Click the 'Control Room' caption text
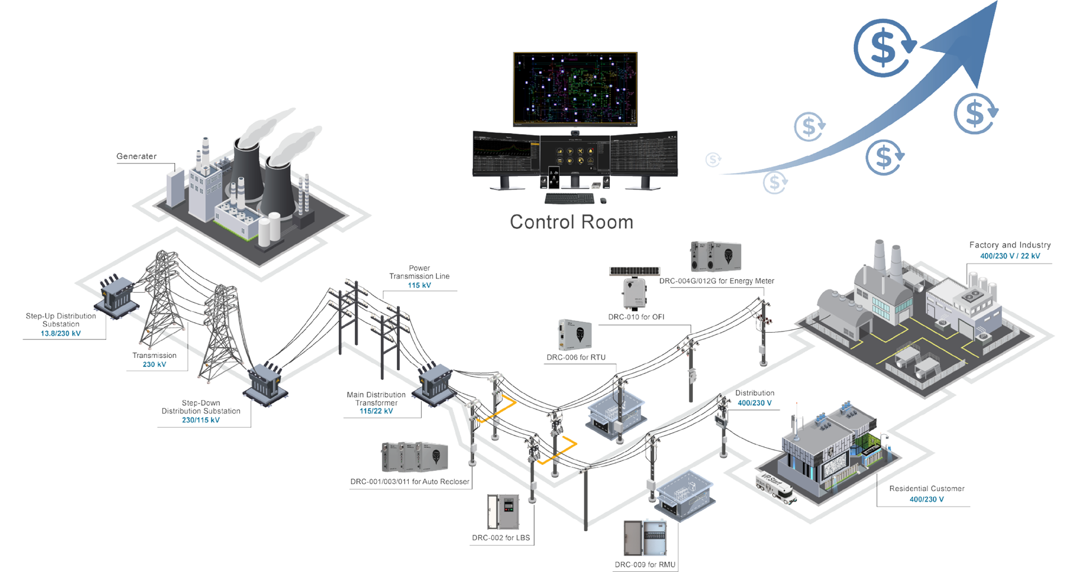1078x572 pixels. pyautogui.click(x=572, y=222)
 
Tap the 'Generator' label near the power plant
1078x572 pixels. pyautogui.click(x=136, y=157)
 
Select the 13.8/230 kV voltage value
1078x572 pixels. pyautogui.click(x=60, y=333)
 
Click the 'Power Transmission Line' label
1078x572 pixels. pyautogui.click(x=419, y=272)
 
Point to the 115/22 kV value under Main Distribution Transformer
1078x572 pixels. pyautogui.click(x=376, y=411)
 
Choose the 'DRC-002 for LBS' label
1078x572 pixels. pyautogui.click(x=500, y=538)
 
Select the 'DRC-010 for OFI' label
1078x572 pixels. pyautogui.click(x=636, y=317)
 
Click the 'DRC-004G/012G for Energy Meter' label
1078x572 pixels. pyautogui.click(x=716, y=280)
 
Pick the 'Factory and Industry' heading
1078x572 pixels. pyautogui.click(x=1010, y=245)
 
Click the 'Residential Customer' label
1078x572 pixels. pyautogui.click(x=926, y=488)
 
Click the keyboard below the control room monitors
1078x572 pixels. pyautogui.click(x=569, y=198)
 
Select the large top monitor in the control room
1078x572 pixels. pyautogui.click(x=575, y=90)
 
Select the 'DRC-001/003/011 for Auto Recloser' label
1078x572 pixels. pyautogui.click(x=409, y=482)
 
